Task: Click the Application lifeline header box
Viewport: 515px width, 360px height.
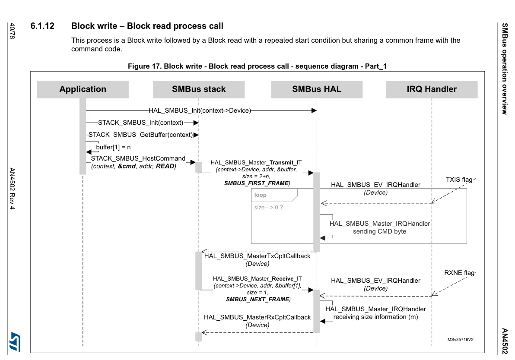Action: pos(83,89)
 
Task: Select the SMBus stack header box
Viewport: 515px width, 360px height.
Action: pos(199,89)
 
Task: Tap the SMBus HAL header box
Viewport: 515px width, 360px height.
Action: pos(317,89)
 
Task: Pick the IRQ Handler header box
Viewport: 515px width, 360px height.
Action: pos(432,89)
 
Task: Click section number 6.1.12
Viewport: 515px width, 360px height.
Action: pos(42,26)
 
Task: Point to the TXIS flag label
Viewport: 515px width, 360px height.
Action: pos(459,180)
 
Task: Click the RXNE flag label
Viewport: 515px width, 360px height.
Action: pos(459,273)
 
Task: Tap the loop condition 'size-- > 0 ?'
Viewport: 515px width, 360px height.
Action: pos(268,207)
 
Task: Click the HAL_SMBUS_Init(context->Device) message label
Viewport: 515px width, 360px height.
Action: pos(200,111)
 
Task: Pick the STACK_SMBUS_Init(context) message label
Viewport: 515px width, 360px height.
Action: pos(140,123)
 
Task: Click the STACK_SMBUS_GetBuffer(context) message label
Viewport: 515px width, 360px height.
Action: pos(140,135)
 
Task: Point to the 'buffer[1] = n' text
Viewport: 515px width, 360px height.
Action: pos(113,147)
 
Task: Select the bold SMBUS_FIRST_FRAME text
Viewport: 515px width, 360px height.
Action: pos(257,183)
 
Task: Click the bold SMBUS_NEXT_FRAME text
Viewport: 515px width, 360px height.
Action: pos(257,299)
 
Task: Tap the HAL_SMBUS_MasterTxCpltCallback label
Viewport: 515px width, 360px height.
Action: pos(257,256)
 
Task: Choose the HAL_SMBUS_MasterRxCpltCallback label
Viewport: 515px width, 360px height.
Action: pos(257,317)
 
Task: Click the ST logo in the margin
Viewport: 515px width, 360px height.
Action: pos(15,341)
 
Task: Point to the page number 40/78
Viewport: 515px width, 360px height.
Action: pos(12,31)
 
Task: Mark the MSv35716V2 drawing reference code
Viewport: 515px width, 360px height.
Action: pos(461,340)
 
